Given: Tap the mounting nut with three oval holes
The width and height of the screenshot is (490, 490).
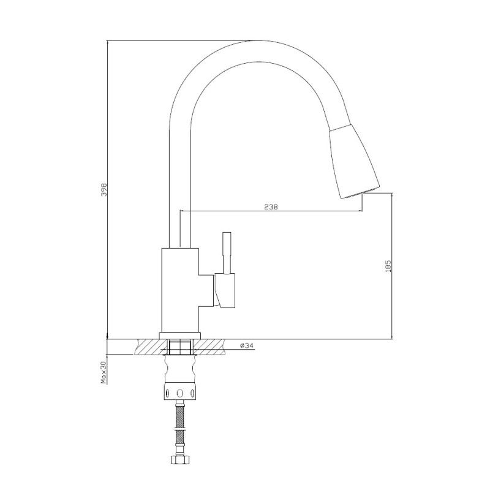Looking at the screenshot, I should tap(180, 393).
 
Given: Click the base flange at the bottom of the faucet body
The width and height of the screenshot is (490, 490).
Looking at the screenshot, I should tap(180, 334).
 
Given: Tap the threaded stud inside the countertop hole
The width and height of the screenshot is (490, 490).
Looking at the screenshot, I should tap(180, 347).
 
